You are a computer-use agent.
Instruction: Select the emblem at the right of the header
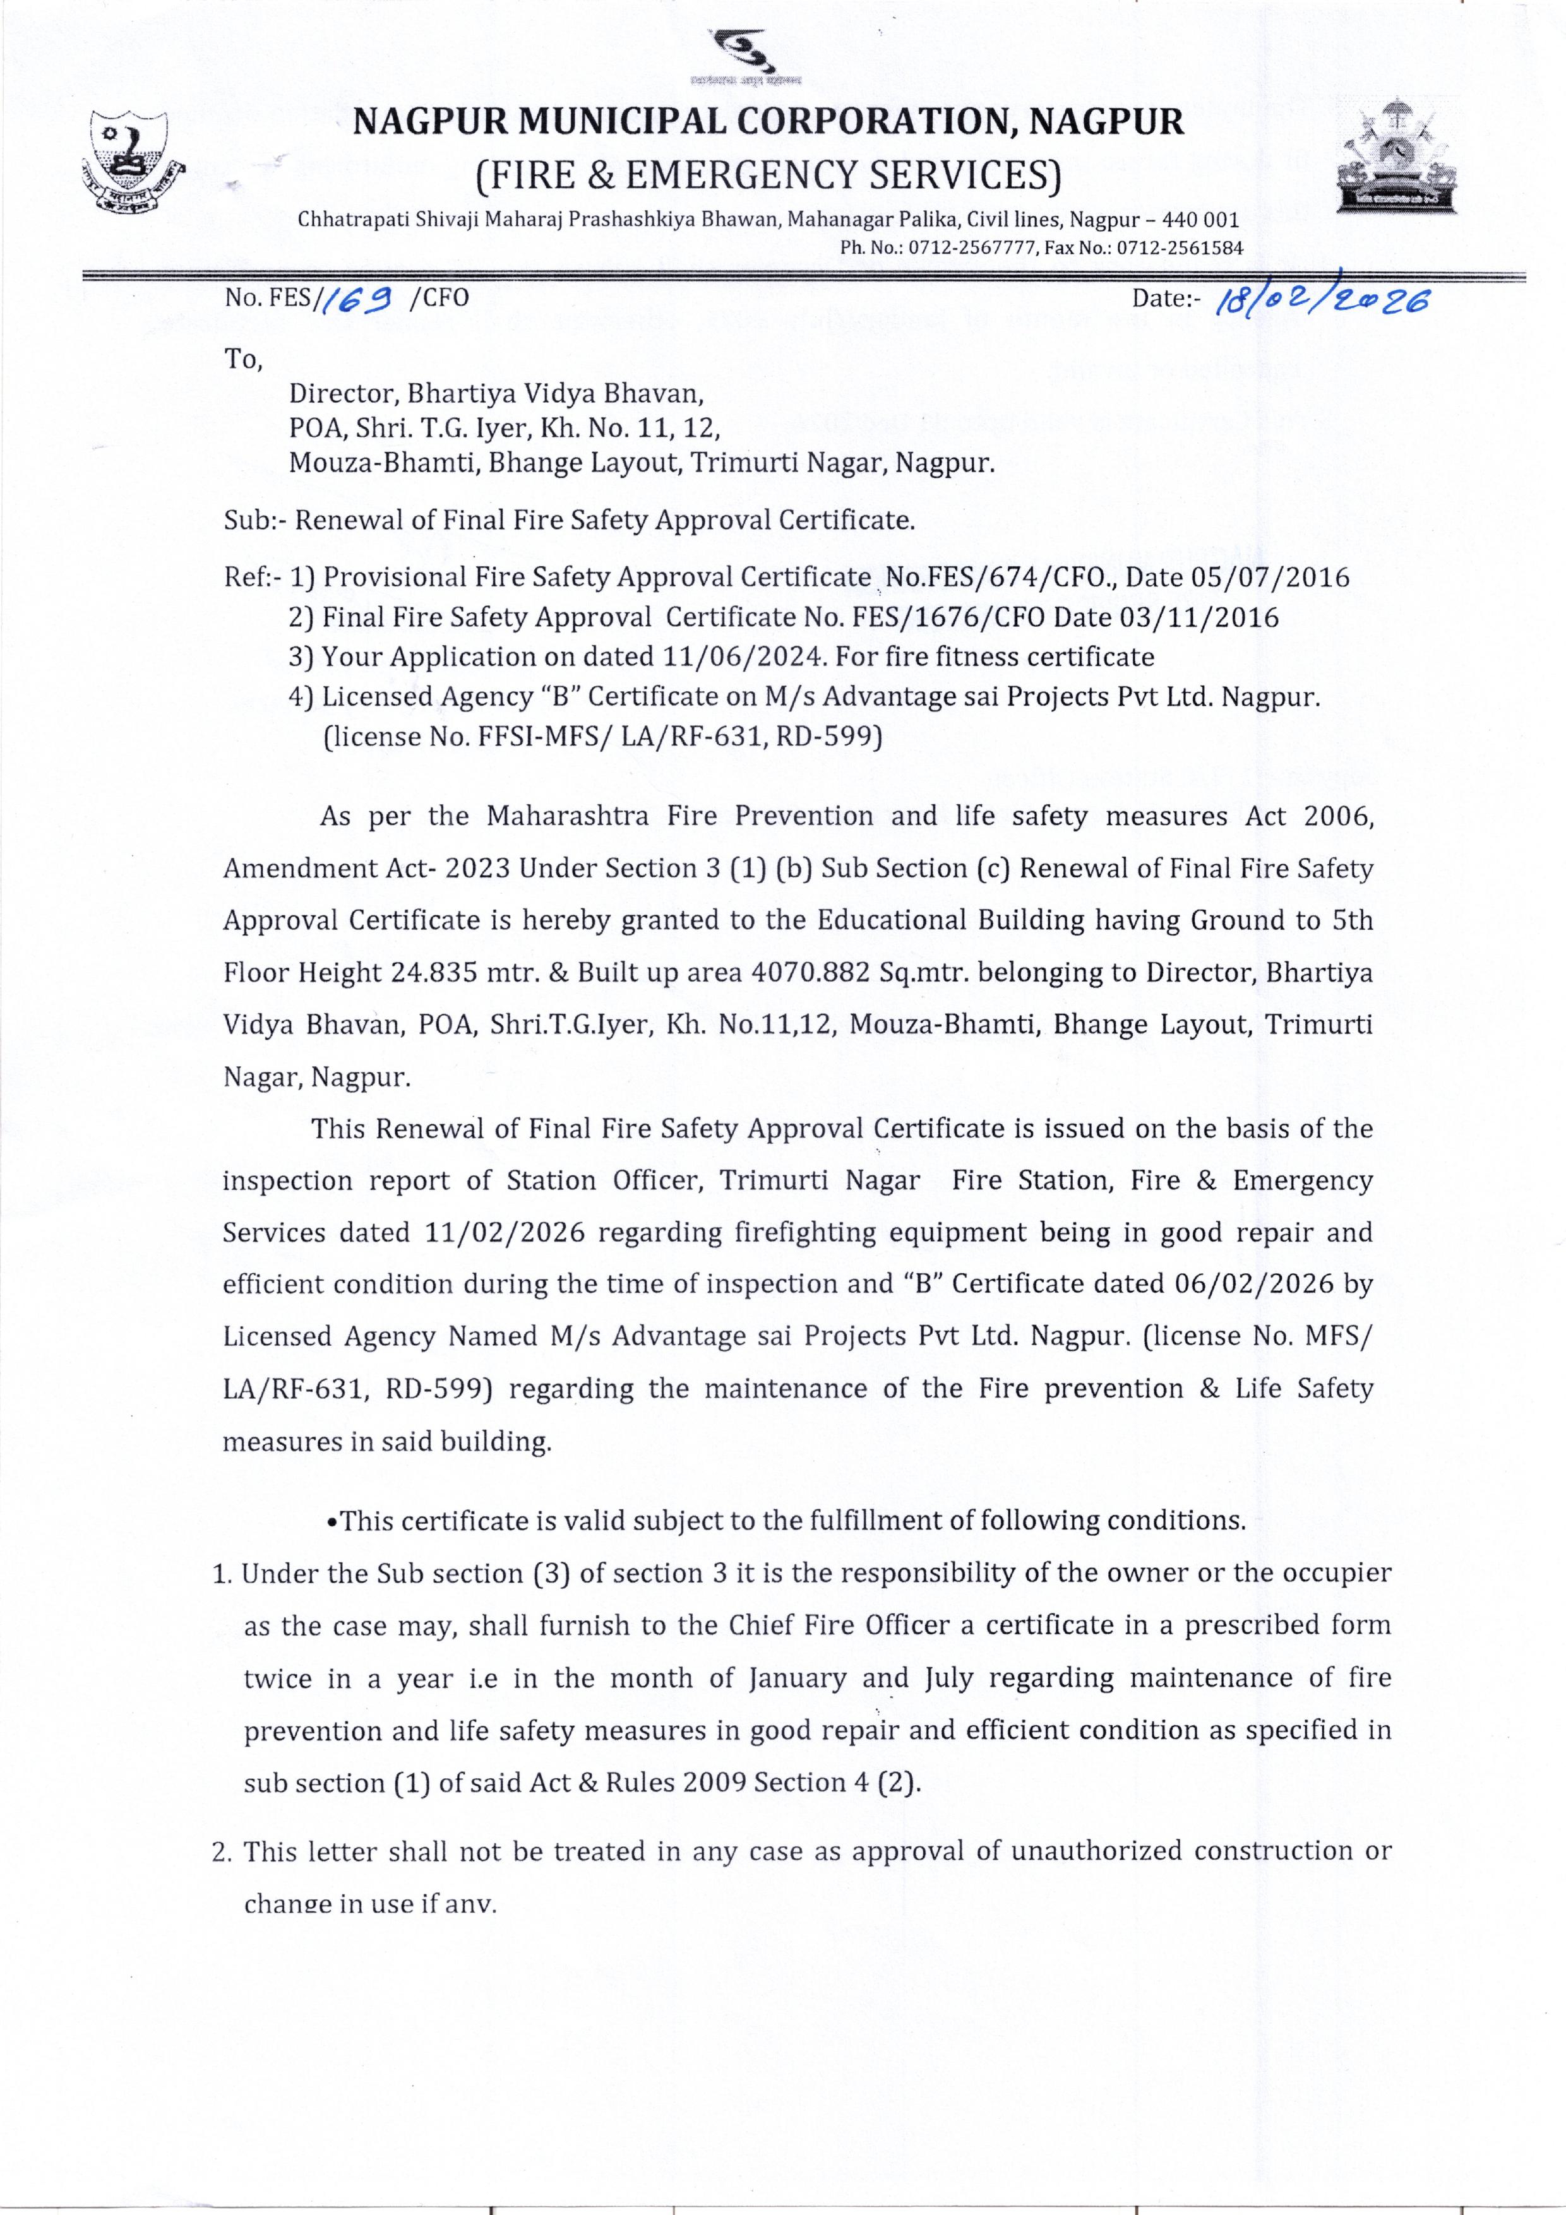tap(1396, 157)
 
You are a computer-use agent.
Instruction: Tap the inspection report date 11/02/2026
tap(505, 1233)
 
